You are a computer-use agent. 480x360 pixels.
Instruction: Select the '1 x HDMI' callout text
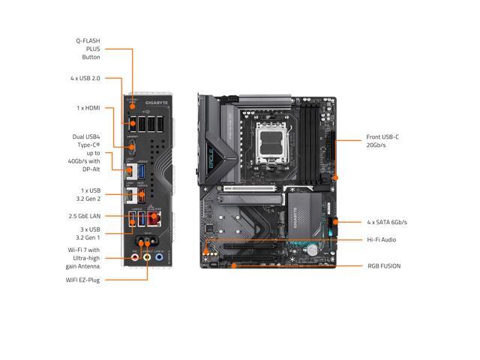point(88,107)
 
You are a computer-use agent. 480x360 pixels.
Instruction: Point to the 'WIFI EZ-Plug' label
point(82,280)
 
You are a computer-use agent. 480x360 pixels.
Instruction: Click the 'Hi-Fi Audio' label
point(382,240)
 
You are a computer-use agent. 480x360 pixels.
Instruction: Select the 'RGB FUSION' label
point(383,265)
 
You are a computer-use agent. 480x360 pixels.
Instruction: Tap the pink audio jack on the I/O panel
point(136,256)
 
